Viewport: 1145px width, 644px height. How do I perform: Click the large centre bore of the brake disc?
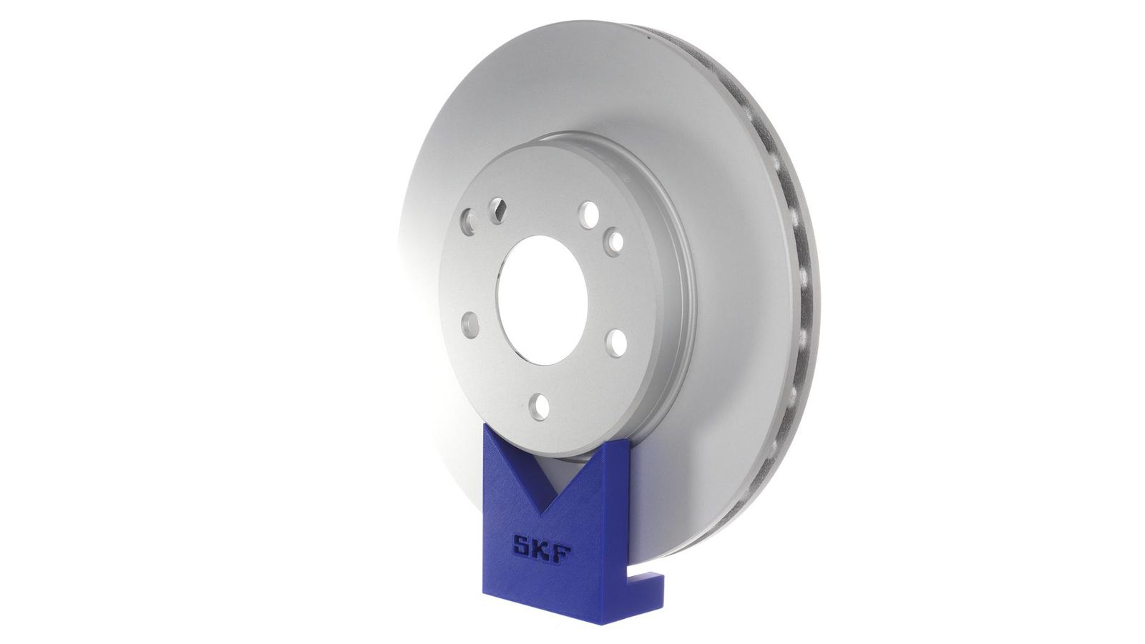point(542,300)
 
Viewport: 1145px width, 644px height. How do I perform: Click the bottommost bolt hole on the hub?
point(540,407)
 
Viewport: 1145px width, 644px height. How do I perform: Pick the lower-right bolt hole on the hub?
point(617,343)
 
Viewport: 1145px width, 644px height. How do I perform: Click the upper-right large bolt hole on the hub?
point(590,215)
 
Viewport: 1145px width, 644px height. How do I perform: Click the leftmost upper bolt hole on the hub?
point(469,222)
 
